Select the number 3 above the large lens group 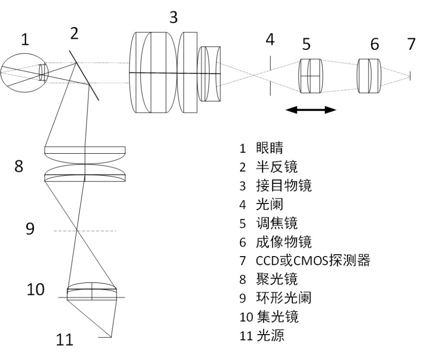[173, 18]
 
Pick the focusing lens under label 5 [311, 75]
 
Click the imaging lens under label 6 [369, 75]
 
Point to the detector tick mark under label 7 [410, 75]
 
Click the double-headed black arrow [311, 110]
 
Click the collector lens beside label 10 [92, 292]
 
